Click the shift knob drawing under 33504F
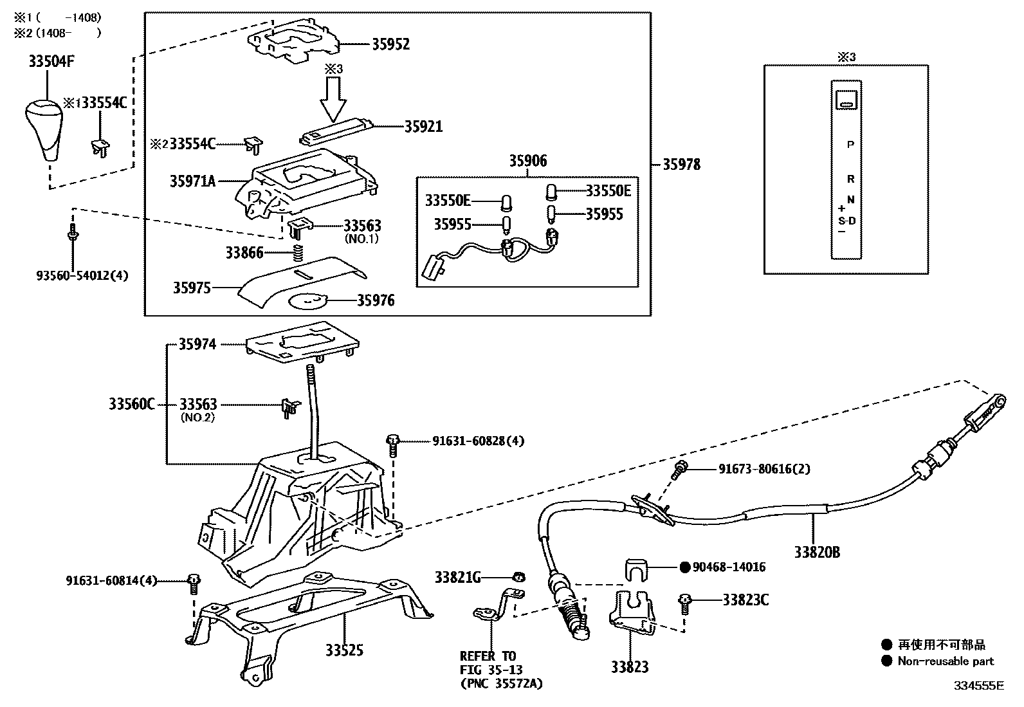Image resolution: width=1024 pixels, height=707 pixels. pyautogui.click(x=43, y=129)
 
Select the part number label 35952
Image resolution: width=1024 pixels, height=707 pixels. pyautogui.click(x=390, y=44)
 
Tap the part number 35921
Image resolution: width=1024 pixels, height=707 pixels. pyautogui.click(x=423, y=127)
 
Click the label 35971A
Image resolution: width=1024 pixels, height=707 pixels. pyautogui.click(x=192, y=181)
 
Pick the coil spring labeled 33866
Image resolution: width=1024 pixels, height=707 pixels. pyautogui.click(x=298, y=252)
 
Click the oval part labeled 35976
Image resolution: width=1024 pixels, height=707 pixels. pyautogui.click(x=308, y=300)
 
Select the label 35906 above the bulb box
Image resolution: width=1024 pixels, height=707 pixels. pyautogui.click(x=528, y=161)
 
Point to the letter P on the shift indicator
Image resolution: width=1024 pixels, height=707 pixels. pyautogui.click(x=850, y=145)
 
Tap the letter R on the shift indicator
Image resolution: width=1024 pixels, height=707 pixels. pyautogui.click(x=850, y=179)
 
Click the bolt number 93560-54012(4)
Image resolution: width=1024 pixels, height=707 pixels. pyautogui.click(x=82, y=276)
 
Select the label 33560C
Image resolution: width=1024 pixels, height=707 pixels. pyautogui.click(x=132, y=405)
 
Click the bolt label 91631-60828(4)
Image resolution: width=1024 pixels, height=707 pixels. pyautogui.click(x=478, y=441)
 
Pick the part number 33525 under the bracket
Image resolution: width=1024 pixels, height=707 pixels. pyautogui.click(x=344, y=650)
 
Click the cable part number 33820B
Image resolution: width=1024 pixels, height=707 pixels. pyautogui.click(x=816, y=552)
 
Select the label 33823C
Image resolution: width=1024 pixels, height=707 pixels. pyautogui.click(x=745, y=600)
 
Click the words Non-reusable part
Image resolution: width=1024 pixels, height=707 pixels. pyautogui.click(x=946, y=661)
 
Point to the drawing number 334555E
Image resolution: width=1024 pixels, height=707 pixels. pyautogui.click(x=978, y=686)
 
